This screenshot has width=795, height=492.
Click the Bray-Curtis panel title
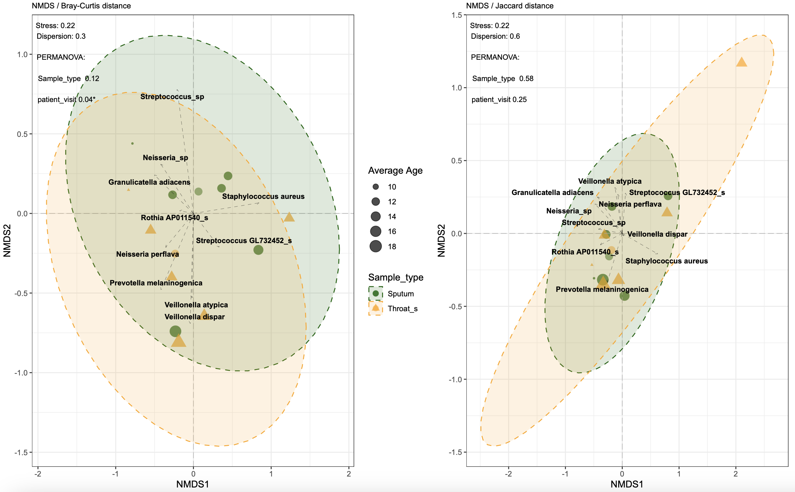point(81,6)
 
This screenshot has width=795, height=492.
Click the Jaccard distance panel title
point(509,6)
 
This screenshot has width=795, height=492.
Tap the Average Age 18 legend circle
point(376,246)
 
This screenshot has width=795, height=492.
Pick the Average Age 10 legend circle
point(376,187)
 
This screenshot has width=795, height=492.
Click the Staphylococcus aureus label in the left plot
point(263,197)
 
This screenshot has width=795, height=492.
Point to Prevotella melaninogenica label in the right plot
point(602,289)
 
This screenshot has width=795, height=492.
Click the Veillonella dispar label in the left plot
point(195,317)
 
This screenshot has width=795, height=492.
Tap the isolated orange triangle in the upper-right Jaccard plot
point(742,62)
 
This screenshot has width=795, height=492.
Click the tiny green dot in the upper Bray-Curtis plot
point(132,143)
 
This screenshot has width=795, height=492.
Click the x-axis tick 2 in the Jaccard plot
point(736,474)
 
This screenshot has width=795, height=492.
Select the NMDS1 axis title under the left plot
point(193,484)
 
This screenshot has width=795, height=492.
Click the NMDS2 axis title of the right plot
point(441,241)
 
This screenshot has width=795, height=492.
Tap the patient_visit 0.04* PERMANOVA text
point(67,99)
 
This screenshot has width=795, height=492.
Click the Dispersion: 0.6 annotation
point(495,36)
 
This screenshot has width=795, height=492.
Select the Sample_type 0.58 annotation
point(503,78)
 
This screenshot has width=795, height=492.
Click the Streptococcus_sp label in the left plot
point(172,97)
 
